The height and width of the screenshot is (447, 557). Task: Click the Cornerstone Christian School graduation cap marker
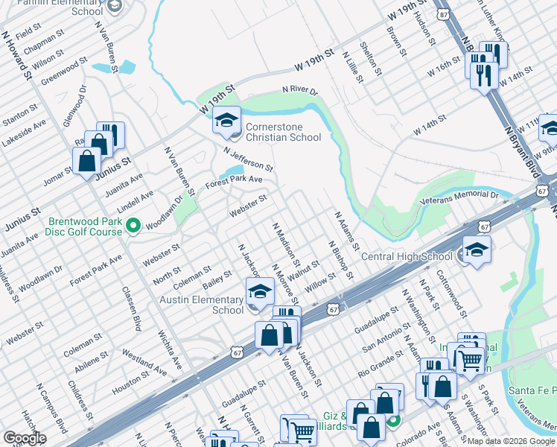click(226, 119)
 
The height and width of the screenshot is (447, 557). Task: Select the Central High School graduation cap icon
click(477, 250)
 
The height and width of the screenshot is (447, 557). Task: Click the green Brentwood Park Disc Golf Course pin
click(133, 225)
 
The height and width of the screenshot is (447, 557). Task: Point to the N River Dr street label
click(299, 91)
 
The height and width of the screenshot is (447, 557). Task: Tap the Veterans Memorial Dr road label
click(459, 195)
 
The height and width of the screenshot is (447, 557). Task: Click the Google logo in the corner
click(25, 438)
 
